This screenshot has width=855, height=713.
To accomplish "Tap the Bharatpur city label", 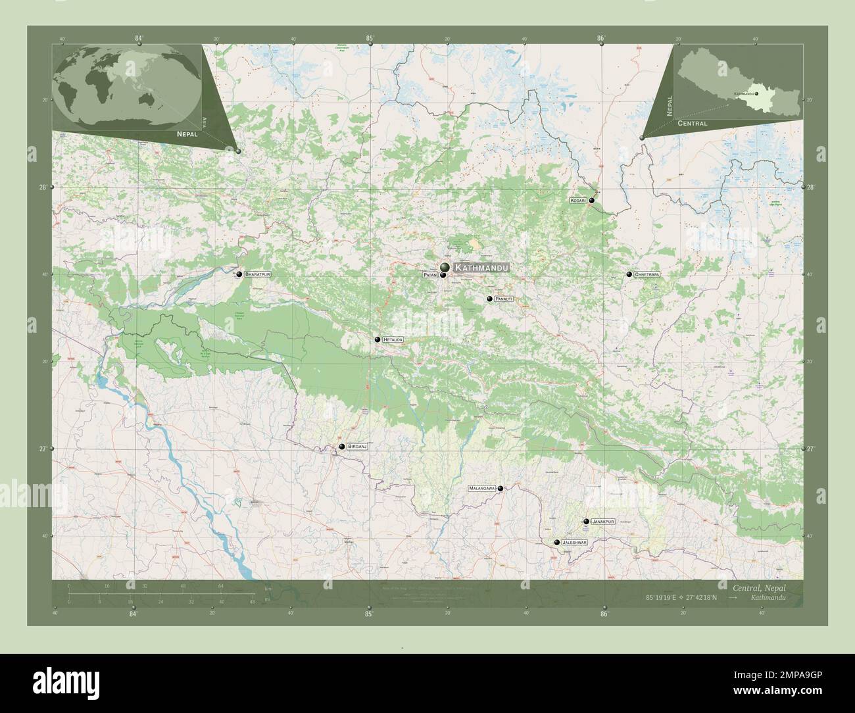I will (x=257, y=274).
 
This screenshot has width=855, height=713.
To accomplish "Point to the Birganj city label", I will (x=356, y=447).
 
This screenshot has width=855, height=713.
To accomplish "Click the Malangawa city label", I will (x=481, y=489).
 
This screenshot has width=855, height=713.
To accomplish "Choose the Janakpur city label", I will (x=602, y=521).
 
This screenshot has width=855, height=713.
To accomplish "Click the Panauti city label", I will (x=504, y=299).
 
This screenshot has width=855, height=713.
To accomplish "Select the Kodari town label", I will (x=578, y=200).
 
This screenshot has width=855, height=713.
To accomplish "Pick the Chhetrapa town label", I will (x=647, y=274).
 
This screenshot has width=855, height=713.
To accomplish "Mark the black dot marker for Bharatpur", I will (x=239, y=274).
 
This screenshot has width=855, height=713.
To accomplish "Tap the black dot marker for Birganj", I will (x=342, y=447).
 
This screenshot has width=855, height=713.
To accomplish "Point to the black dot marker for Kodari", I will (x=592, y=200).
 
